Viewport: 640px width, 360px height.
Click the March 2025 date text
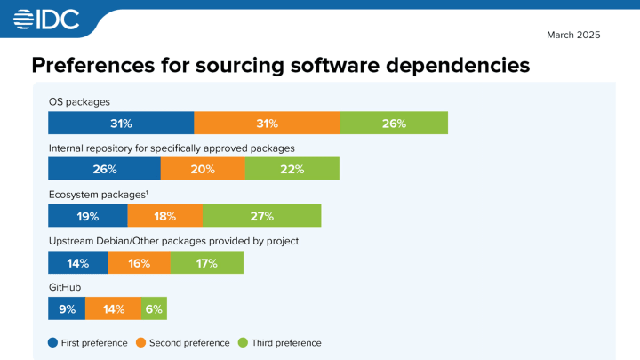tap(574, 35)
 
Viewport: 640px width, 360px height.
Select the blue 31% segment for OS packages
tap(121, 124)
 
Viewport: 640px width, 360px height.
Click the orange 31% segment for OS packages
tap(267, 124)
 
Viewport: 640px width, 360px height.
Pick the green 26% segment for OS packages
tap(394, 124)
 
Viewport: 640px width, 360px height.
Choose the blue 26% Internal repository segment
tap(104, 169)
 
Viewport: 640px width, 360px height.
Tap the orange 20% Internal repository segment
tap(203, 169)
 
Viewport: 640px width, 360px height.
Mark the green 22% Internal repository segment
tap(292, 169)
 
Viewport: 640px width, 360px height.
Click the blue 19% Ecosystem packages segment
tap(87, 216)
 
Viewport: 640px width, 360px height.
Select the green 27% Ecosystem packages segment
tap(261, 216)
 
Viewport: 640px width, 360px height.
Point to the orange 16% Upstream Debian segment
tap(139, 262)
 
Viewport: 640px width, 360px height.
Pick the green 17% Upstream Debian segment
tap(206, 262)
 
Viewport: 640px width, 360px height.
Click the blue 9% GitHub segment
tap(66, 308)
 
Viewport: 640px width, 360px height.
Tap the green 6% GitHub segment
tap(154, 308)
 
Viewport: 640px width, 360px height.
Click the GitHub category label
tap(64, 287)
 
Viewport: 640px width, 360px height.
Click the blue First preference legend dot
tap(52, 342)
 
